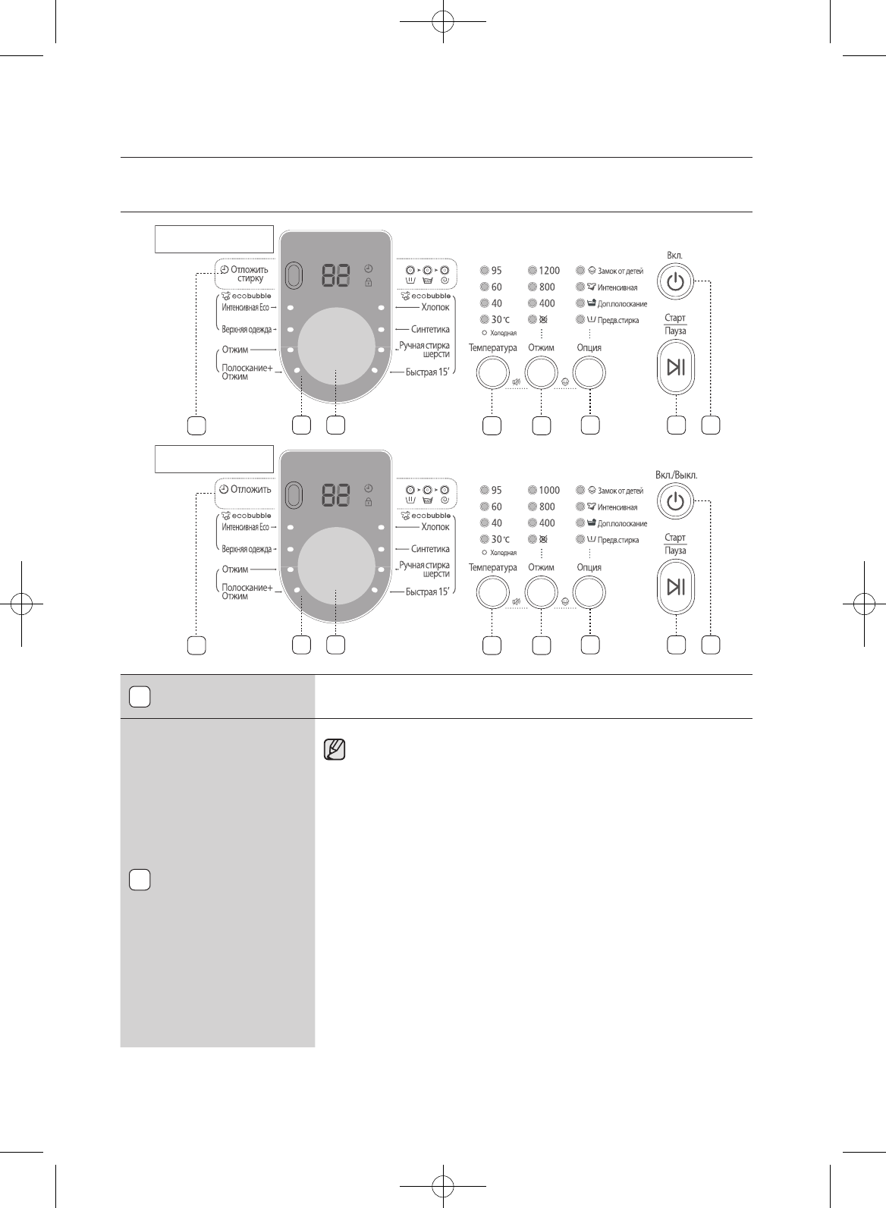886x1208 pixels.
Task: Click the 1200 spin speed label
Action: click(x=549, y=270)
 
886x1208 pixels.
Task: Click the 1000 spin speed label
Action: click(x=549, y=490)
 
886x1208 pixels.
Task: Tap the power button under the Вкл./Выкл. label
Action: click(x=675, y=501)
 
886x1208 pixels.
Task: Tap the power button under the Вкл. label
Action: click(x=675, y=281)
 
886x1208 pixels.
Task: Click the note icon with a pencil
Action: click(x=335, y=749)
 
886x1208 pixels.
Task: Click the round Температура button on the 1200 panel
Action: click(x=492, y=372)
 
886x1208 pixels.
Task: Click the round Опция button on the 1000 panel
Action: click(x=589, y=591)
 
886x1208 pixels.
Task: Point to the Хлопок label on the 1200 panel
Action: click(x=435, y=307)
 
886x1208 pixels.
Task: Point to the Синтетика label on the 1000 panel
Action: click(x=430, y=548)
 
